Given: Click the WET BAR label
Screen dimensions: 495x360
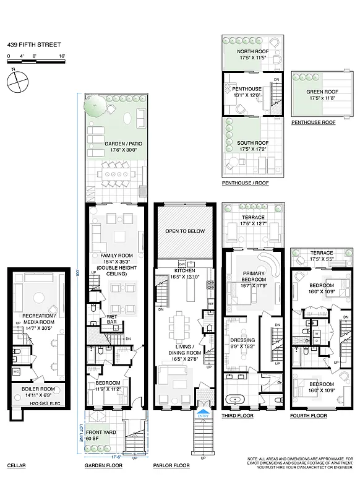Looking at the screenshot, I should [x=112, y=319].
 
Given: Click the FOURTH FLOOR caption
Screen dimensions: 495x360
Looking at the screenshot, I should [x=308, y=416].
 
